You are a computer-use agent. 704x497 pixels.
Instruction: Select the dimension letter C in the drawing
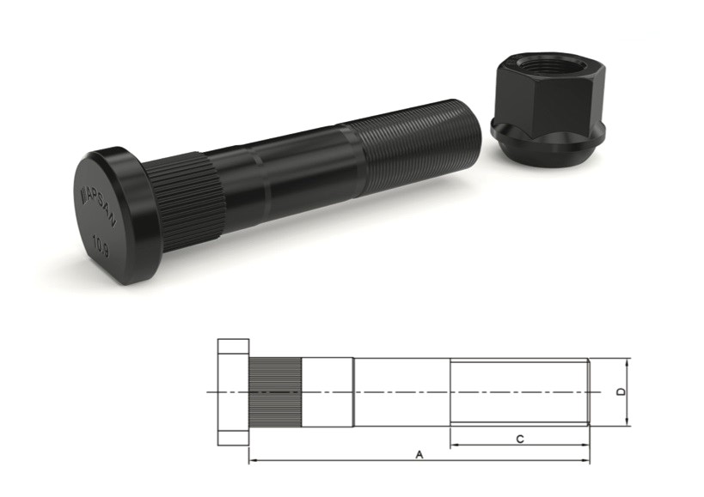519,439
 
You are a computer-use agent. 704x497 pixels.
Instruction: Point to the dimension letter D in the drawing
621,392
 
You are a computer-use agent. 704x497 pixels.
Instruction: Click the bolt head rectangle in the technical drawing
233,391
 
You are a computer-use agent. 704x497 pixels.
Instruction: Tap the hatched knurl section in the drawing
275,392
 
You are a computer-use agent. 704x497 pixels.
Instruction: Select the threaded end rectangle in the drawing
519,391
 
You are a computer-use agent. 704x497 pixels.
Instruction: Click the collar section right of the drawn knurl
327,391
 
